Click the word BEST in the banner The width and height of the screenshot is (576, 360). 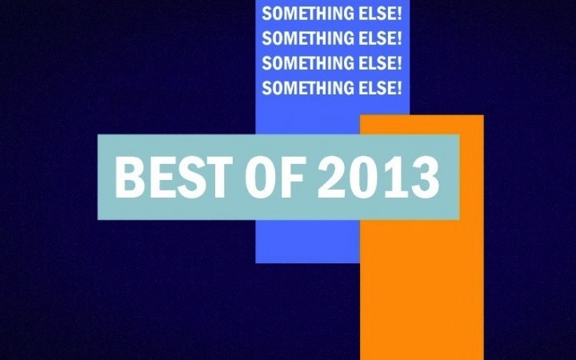[x=174, y=177]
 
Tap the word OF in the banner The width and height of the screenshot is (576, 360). [x=274, y=177]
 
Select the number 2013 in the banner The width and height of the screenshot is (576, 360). [x=378, y=177]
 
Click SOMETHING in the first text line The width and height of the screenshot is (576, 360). [x=307, y=14]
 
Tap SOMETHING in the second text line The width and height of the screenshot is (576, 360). [x=307, y=38]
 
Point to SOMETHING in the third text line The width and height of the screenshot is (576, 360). [x=307, y=63]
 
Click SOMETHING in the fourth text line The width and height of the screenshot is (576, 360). [x=307, y=88]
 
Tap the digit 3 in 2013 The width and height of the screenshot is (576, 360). [x=425, y=177]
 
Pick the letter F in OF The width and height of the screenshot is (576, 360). [x=292, y=177]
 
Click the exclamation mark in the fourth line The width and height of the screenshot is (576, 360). [x=399, y=88]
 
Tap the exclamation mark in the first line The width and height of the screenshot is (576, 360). [x=399, y=14]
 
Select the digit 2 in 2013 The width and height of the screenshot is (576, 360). [x=332, y=177]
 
